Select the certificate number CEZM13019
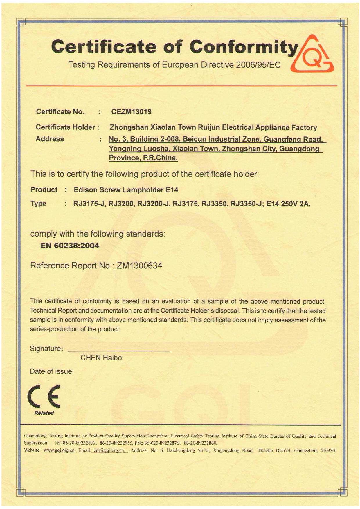coord(131,112)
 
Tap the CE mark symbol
coord(44,396)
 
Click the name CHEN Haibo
coord(101,358)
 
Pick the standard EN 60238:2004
coord(70,246)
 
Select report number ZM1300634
coord(139,266)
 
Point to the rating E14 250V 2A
coord(288,204)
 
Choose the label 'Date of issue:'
coord(52,372)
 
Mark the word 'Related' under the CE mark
coord(44,413)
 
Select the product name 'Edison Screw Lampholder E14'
coord(126,190)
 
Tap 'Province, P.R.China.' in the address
coord(143,158)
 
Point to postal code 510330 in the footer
coord(328,451)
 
